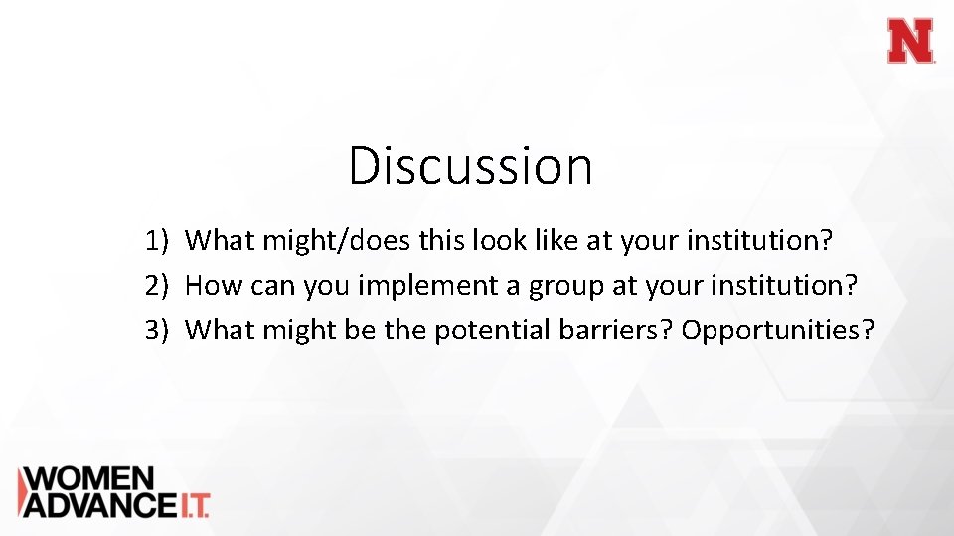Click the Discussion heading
pos(470,166)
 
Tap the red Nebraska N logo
pos(910,42)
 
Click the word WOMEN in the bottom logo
pos(87,478)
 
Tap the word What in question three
pos(220,331)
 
